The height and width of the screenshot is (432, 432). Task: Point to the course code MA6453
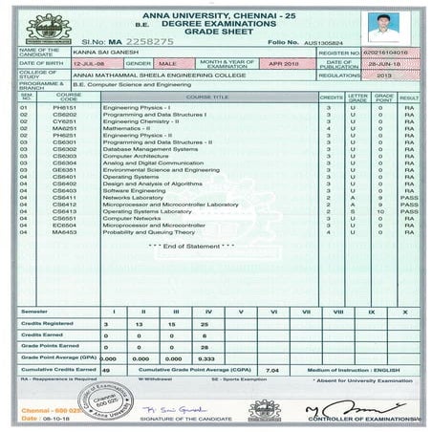pos(66,231)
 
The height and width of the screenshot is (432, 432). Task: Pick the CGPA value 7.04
pos(270,368)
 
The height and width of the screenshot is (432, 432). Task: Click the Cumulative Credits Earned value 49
pos(105,368)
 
